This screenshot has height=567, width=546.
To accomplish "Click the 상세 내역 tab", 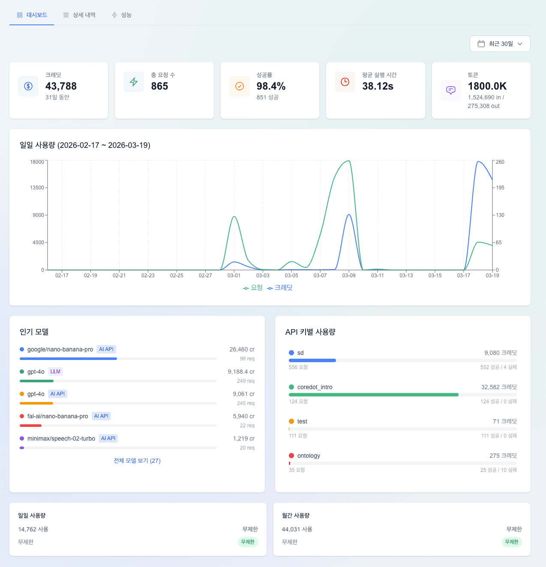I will tap(79, 15).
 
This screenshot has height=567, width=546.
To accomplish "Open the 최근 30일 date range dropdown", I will tap(500, 44).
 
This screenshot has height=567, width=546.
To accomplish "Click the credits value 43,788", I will tap(61, 86).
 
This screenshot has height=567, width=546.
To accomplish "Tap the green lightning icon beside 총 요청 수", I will tap(134, 82).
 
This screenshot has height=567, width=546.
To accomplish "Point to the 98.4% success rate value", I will tap(271, 86).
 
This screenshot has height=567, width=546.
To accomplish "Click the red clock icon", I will tap(345, 82).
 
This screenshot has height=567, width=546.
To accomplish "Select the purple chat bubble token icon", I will tap(451, 90).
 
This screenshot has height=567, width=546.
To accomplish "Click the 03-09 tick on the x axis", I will tap(349, 276).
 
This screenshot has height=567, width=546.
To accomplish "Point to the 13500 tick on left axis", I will tap(37, 188).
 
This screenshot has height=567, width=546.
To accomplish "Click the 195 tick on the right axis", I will tap(500, 188).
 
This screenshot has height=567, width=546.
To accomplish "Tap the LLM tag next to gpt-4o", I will tap(55, 372).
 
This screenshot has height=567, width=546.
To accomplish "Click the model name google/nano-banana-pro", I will tap(60, 349).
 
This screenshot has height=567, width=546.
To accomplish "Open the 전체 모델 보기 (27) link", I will tap(137, 461).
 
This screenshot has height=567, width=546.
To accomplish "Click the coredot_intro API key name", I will tap(315, 387).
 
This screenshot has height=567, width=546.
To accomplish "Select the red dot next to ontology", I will tap(291, 456).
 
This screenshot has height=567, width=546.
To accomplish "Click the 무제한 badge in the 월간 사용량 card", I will tap(512, 542).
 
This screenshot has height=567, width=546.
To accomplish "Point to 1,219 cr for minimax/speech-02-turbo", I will tap(243, 438).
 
